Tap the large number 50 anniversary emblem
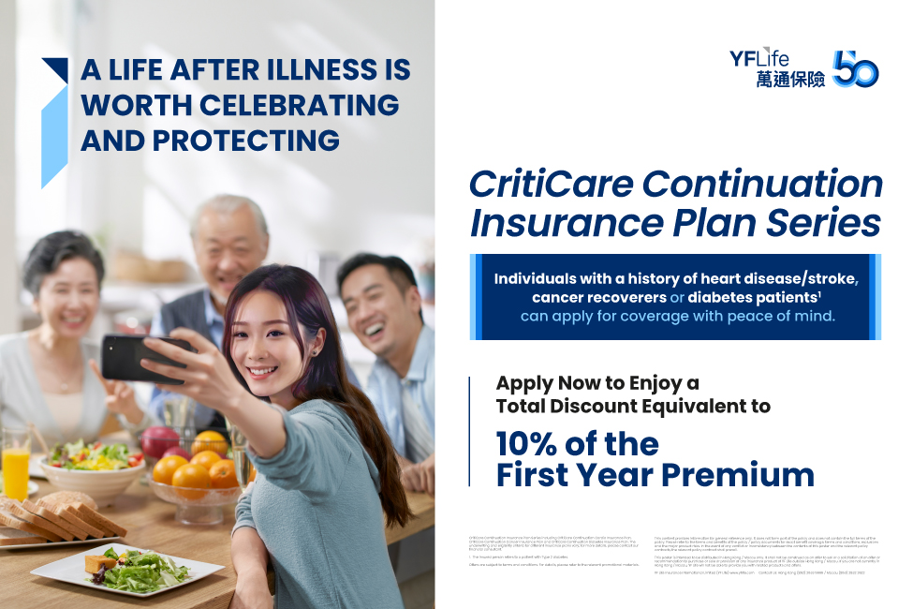855,69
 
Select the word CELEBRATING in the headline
285,105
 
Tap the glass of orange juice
16,473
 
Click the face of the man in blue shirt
376,310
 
